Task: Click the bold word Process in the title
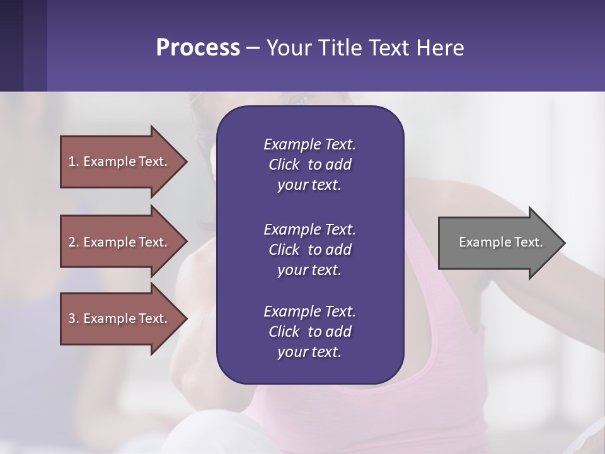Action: (198, 48)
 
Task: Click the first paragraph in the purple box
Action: (309, 165)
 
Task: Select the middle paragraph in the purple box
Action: (309, 250)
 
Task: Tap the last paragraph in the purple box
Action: (309, 332)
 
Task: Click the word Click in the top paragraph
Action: (284, 165)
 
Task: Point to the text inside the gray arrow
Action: (501, 242)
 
